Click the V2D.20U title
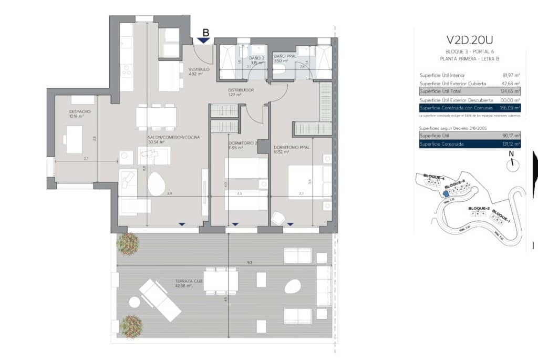click(469, 40)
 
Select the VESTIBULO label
click(200, 69)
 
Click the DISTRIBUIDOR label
click(241, 90)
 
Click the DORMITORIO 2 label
click(243, 143)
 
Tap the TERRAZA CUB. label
click(189, 281)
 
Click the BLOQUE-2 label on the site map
click(479, 209)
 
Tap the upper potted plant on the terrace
click(128, 243)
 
